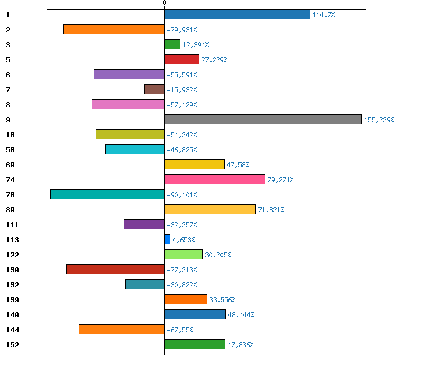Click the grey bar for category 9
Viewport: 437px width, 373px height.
tap(263, 119)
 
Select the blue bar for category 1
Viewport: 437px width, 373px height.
tap(237, 14)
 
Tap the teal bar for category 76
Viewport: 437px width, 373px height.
tap(107, 194)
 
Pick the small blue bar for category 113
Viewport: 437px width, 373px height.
tap(167, 239)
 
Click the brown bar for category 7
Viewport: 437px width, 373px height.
tap(154, 89)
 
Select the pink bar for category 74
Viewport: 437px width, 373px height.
tap(215, 179)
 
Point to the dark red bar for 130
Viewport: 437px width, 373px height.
tap(115, 269)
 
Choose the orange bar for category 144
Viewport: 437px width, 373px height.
tap(122, 329)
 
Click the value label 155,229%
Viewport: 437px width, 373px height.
tap(379, 120)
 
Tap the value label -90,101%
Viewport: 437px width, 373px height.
tap(182, 195)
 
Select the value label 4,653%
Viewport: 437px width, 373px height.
tap(184, 240)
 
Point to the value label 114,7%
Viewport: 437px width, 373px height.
tap(323, 15)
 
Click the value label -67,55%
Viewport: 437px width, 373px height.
tap(180, 330)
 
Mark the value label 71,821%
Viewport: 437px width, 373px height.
tap(271, 210)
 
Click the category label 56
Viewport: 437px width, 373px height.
tap(9, 150)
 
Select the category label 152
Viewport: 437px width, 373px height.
tap(12, 345)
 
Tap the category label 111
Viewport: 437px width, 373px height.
tap(12, 225)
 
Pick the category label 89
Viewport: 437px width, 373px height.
tap(9, 210)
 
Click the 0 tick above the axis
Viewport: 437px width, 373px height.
tap(165, 3)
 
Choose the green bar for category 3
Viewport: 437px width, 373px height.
tap(172, 44)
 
